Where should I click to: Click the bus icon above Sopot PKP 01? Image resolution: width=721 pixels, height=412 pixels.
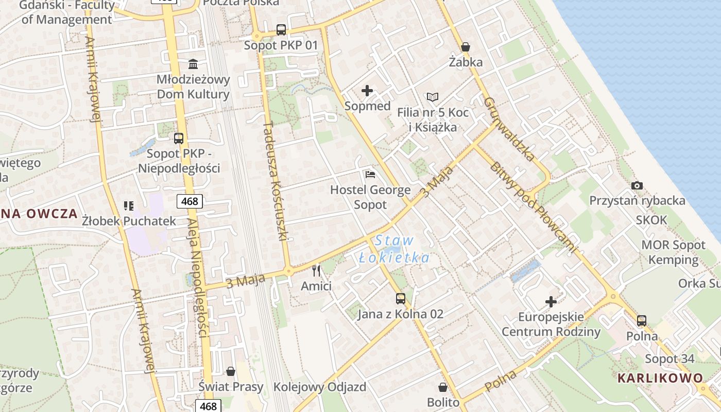click(281, 30)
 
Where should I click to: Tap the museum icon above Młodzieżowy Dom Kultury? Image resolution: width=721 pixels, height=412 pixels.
click(193, 64)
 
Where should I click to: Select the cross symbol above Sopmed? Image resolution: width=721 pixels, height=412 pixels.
click(367, 91)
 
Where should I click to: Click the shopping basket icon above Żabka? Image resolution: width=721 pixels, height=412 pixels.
click(466, 47)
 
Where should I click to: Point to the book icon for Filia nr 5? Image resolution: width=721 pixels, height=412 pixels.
click(433, 97)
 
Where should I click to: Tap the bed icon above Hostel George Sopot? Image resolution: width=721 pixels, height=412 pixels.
click(370, 175)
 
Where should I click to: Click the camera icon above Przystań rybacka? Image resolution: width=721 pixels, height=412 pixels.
click(637, 185)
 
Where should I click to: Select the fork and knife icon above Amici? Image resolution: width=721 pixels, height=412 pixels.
click(316, 270)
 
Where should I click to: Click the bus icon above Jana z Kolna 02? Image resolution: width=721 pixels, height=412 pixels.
click(400, 298)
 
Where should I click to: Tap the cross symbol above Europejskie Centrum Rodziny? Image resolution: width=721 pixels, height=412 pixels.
click(551, 301)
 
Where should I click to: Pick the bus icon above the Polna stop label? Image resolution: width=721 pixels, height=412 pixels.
click(642, 321)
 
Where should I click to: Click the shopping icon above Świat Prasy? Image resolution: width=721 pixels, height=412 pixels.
click(231, 371)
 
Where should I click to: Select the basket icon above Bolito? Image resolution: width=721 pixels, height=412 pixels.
click(443, 387)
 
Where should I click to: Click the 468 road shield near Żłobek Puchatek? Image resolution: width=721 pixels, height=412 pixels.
click(190, 201)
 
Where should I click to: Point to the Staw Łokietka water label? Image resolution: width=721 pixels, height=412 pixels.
click(394, 249)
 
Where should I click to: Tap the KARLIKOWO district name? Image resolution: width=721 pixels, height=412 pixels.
click(660, 378)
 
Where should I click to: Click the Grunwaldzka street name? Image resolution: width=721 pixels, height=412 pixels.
click(509, 129)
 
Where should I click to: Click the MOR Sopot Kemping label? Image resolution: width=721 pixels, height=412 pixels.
click(673, 252)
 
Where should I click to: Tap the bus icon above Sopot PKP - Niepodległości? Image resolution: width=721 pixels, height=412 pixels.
click(179, 138)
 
